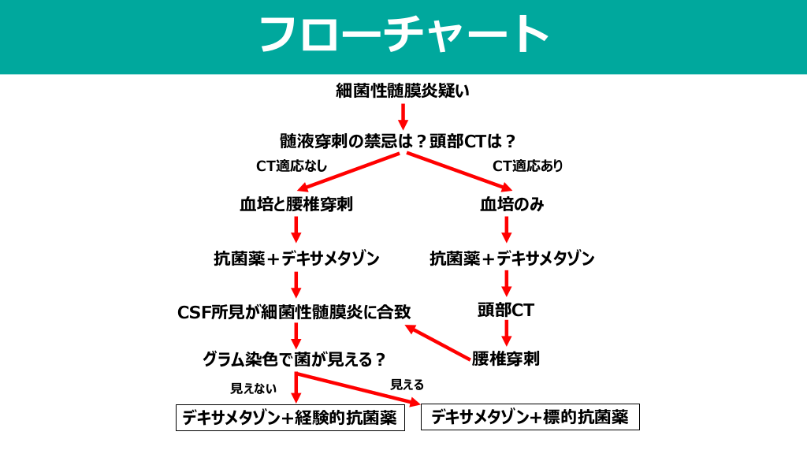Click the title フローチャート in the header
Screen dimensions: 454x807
(x=403, y=35)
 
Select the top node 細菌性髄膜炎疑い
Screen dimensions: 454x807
(x=403, y=91)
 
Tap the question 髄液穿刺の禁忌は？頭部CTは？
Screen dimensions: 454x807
(x=398, y=142)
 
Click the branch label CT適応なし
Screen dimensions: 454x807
(x=292, y=166)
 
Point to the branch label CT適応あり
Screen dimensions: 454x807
(x=528, y=166)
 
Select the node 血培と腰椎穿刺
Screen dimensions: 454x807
(x=296, y=205)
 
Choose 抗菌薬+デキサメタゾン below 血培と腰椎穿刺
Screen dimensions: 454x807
(x=296, y=259)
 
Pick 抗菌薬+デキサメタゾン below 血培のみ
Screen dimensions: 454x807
(x=512, y=259)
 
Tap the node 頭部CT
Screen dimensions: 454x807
(x=506, y=311)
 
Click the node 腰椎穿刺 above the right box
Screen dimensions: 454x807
(x=506, y=359)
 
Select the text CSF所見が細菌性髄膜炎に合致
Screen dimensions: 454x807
(x=295, y=312)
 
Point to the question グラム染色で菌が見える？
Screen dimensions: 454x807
(x=295, y=359)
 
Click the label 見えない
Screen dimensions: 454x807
(x=254, y=389)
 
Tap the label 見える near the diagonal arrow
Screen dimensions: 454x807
(x=407, y=385)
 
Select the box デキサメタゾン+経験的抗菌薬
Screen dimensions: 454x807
(x=290, y=419)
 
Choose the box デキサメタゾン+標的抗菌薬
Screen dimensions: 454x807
(x=530, y=417)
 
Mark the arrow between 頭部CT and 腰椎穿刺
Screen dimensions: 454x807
(x=507, y=333)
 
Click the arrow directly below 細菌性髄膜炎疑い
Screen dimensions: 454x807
(x=403, y=115)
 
